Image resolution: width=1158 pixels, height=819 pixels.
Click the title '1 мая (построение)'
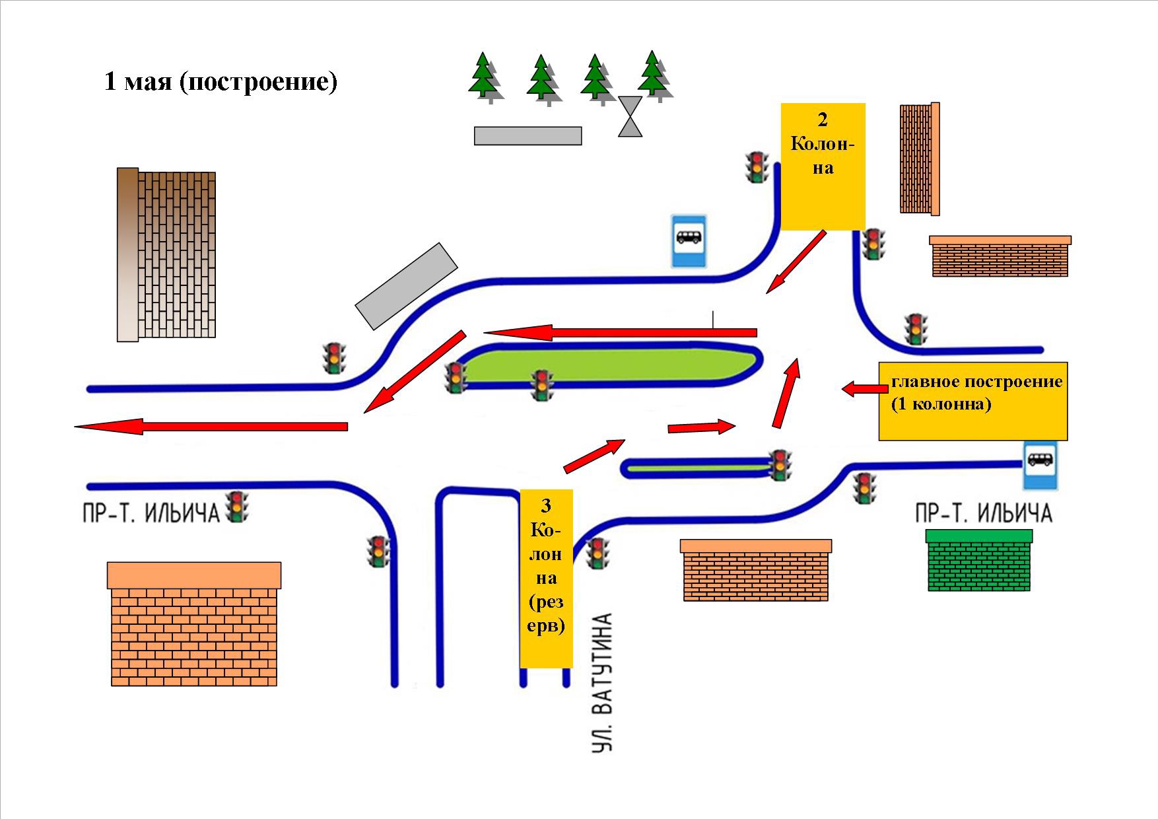pos(221,82)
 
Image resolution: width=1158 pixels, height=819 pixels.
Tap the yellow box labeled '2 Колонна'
pos(823,166)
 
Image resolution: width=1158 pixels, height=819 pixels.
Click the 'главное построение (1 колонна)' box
pos(972,401)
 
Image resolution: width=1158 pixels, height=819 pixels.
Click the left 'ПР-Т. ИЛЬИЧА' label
pos(151,513)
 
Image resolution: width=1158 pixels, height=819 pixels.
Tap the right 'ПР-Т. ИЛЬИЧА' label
pos(983,513)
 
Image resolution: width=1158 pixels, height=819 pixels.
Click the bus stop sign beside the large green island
pos(689,240)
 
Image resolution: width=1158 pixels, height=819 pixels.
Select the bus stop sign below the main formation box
pos(1040,465)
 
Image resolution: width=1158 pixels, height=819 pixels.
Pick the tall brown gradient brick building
pos(166,255)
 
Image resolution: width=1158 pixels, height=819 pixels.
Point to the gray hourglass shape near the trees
pos(630,116)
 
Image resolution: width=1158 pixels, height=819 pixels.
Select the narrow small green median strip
pos(697,468)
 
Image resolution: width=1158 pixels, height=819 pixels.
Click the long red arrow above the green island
pos(620,332)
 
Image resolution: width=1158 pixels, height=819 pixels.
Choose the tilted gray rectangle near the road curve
pos(406,285)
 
